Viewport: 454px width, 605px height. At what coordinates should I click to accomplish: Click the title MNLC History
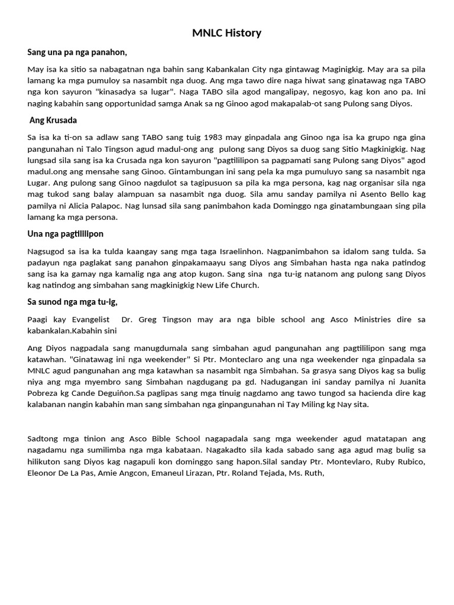click(x=226, y=33)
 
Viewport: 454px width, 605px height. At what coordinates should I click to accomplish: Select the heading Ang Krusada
click(x=53, y=120)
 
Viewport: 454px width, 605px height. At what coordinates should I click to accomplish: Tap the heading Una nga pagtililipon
click(x=65, y=234)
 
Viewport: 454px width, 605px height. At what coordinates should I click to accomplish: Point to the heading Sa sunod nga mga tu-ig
click(x=73, y=302)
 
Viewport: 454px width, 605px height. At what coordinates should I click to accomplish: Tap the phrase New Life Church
click(x=231, y=285)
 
